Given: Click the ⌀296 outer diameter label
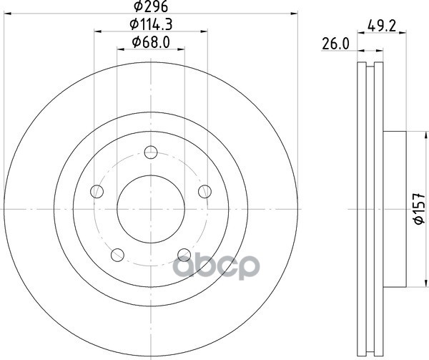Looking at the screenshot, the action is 151,6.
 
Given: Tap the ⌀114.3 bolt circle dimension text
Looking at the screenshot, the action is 151,24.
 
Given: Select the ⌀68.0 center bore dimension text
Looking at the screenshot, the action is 151,42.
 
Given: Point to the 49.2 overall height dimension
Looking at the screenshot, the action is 382,26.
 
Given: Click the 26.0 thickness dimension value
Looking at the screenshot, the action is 336,44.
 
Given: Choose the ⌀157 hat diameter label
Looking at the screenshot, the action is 419,208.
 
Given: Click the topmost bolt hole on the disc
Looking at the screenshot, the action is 151,152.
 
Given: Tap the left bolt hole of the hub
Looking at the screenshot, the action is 97,191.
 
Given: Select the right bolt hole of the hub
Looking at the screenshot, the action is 204,191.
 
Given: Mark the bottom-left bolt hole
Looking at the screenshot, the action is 117,255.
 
